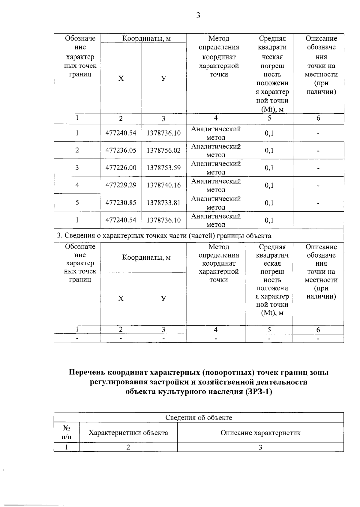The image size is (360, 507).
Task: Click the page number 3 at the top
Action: (198, 16)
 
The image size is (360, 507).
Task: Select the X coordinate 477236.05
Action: (121, 150)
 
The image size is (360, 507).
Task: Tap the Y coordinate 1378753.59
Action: (163, 168)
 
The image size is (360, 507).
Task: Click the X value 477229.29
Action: (121, 185)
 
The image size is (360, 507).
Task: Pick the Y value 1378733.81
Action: (163, 203)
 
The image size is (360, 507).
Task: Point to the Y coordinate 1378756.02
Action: (163, 150)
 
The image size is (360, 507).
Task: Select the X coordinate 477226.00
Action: (121, 168)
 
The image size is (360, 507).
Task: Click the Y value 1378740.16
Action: (163, 185)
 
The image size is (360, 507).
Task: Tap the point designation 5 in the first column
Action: (77, 203)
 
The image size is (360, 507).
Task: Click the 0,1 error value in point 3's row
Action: (269, 168)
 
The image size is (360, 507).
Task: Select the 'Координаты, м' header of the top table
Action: (146, 38)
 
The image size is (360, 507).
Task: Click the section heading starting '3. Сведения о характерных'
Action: (164, 236)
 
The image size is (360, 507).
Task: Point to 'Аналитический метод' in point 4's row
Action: (216, 185)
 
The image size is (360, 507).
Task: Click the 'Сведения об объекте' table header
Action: (199, 417)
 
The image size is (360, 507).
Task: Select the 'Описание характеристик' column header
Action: (260, 433)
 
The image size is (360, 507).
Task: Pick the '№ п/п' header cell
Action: (66, 433)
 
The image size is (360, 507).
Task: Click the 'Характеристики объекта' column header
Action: (128, 433)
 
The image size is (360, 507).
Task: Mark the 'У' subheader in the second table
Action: (163, 298)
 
